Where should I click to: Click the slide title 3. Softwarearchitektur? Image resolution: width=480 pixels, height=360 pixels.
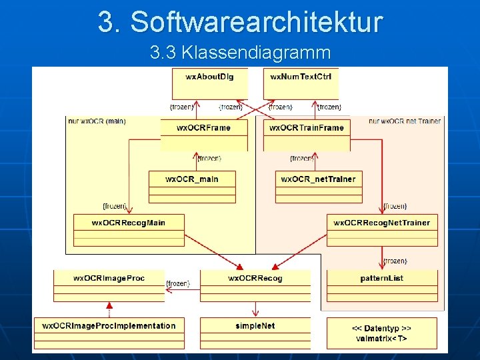coord(240,21)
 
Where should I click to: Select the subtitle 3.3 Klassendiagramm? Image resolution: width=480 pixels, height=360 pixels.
coord(240,51)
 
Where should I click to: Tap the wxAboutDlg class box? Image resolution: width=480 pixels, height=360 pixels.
coord(209,83)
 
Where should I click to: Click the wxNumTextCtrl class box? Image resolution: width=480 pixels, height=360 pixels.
coord(301,83)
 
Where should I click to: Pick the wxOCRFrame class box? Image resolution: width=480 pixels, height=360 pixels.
coord(204,134)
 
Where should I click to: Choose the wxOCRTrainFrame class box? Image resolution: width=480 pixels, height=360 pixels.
coord(307,134)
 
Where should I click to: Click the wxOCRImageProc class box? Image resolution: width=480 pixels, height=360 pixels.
coord(109,285)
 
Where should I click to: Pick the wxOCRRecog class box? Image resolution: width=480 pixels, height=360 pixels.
coord(255,285)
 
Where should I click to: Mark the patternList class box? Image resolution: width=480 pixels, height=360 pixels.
coord(381,285)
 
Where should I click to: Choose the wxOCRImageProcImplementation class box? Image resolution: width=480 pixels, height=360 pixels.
coord(109,333)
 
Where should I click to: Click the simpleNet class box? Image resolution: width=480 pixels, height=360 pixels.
coord(255,333)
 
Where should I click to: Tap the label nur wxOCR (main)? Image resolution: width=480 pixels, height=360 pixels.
coord(97,121)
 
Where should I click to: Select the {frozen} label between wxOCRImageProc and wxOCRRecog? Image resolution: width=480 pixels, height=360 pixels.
coord(178,284)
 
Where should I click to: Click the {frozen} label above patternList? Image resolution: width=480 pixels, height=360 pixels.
coord(395,261)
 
